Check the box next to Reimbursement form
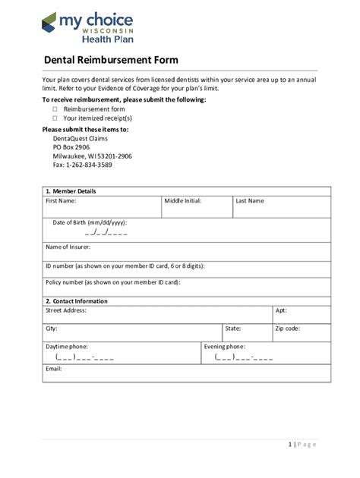click(55, 109)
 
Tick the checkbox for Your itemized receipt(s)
click(55, 118)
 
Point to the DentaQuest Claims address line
click(81, 139)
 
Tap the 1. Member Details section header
click(71, 191)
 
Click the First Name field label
click(61, 201)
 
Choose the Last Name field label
click(250, 201)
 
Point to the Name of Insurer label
click(68, 247)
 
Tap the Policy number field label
click(113, 281)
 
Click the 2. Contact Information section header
click(77, 301)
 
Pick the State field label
click(233, 329)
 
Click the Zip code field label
click(288, 329)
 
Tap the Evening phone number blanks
click(243, 356)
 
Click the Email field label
click(54, 369)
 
